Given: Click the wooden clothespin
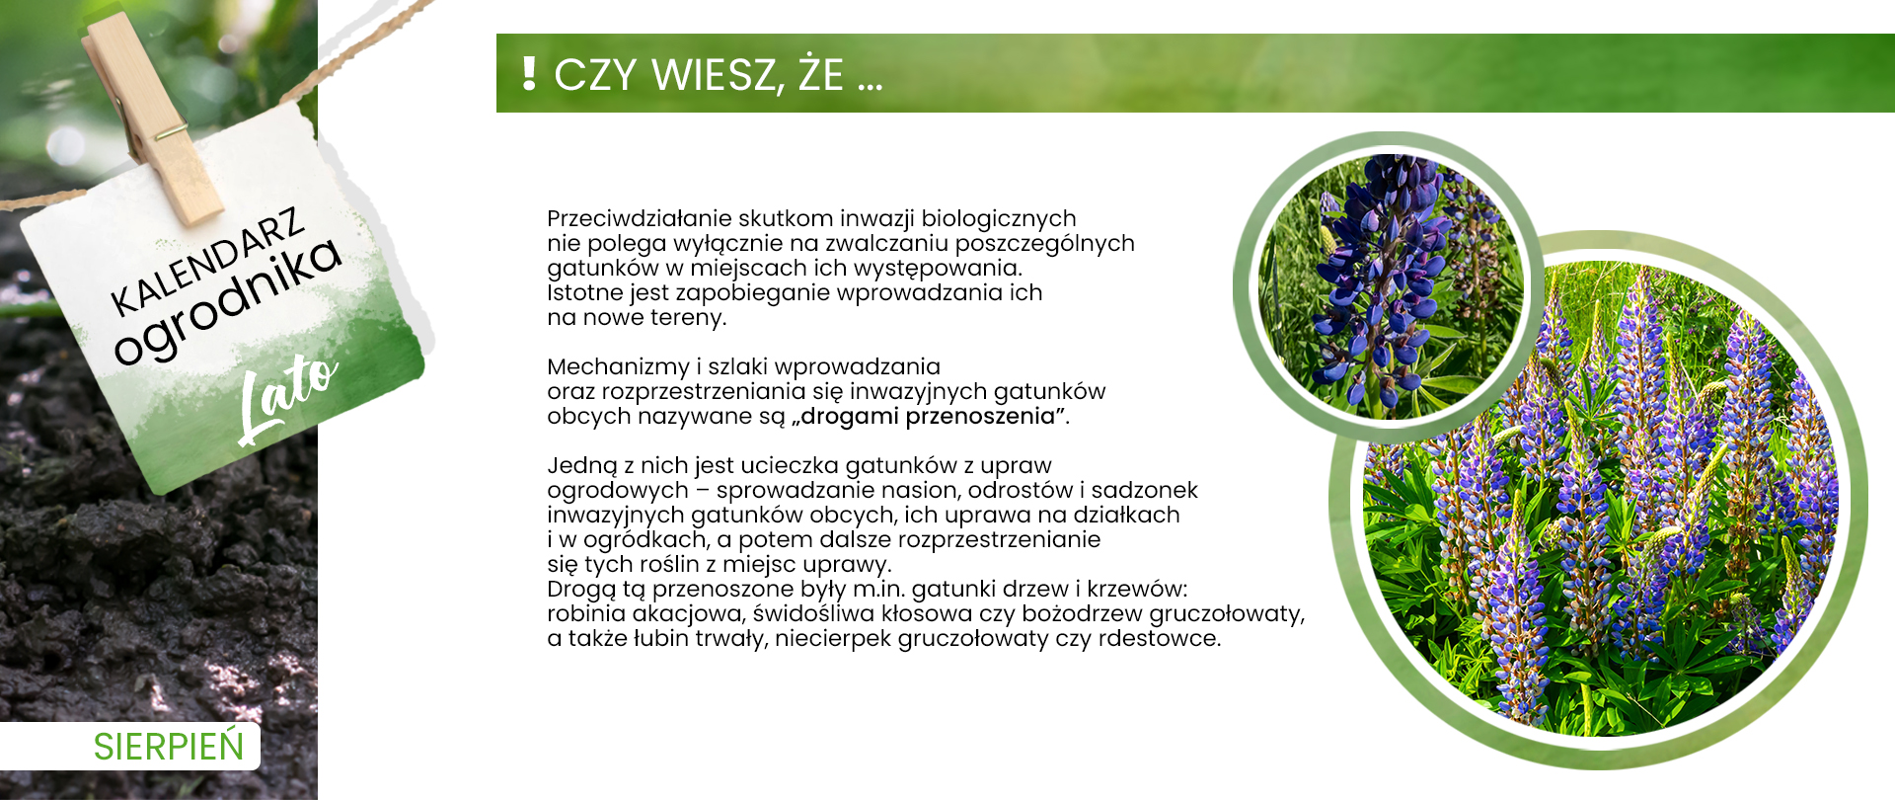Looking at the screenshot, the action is coord(154,118).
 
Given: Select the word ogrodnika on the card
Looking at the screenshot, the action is coord(228,300).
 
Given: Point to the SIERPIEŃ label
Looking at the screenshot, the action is coord(169,747).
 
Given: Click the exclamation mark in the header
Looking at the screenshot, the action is coord(529,74).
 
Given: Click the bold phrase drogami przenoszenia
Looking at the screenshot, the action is coord(928,416).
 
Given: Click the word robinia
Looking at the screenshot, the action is coord(585,613).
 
